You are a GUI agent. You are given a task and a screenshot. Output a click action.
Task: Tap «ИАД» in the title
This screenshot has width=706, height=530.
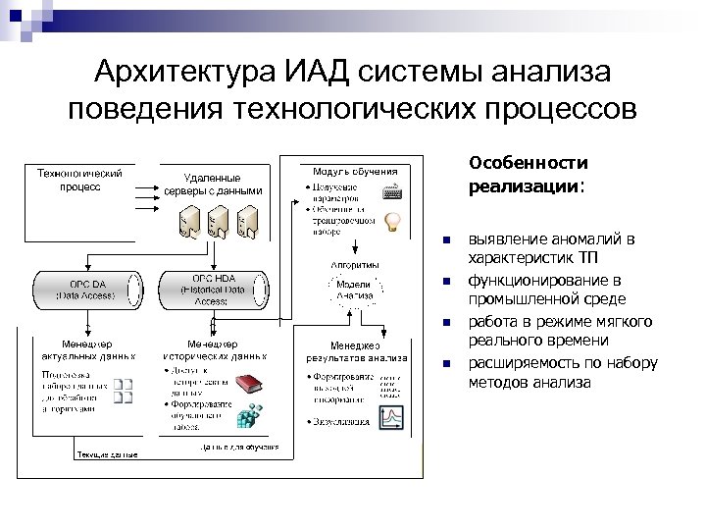(316, 73)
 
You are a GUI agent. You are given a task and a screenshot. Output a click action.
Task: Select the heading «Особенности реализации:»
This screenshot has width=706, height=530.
(528, 174)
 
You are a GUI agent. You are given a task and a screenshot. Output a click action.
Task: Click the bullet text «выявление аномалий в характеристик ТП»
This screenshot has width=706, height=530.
(551, 248)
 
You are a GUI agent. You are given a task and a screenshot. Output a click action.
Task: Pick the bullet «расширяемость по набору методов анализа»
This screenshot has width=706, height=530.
(562, 372)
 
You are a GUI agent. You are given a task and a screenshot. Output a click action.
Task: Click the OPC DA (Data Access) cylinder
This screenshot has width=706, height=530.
(86, 290)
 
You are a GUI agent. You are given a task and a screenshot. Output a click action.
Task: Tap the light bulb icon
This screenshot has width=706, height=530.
(393, 222)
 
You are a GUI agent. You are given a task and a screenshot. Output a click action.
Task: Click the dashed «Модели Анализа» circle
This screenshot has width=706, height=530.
(353, 289)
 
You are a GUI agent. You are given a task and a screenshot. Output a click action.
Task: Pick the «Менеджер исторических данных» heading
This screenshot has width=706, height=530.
(212, 350)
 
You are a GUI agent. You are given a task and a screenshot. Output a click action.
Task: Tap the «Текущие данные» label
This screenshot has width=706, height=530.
(107, 454)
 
